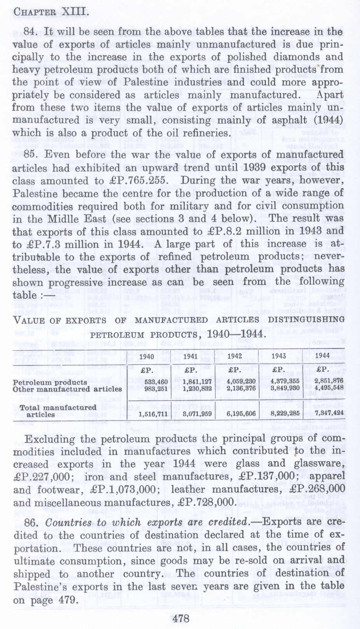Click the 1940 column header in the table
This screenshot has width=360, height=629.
tap(147, 357)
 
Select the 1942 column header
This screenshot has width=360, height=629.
tap(234, 356)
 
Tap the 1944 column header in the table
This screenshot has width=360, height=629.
tap(322, 355)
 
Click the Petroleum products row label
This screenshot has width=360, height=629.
tap(50, 382)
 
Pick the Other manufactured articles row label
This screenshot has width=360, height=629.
tap(67, 389)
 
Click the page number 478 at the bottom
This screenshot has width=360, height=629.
tap(180, 618)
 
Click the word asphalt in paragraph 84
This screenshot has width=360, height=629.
tap(287, 120)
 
